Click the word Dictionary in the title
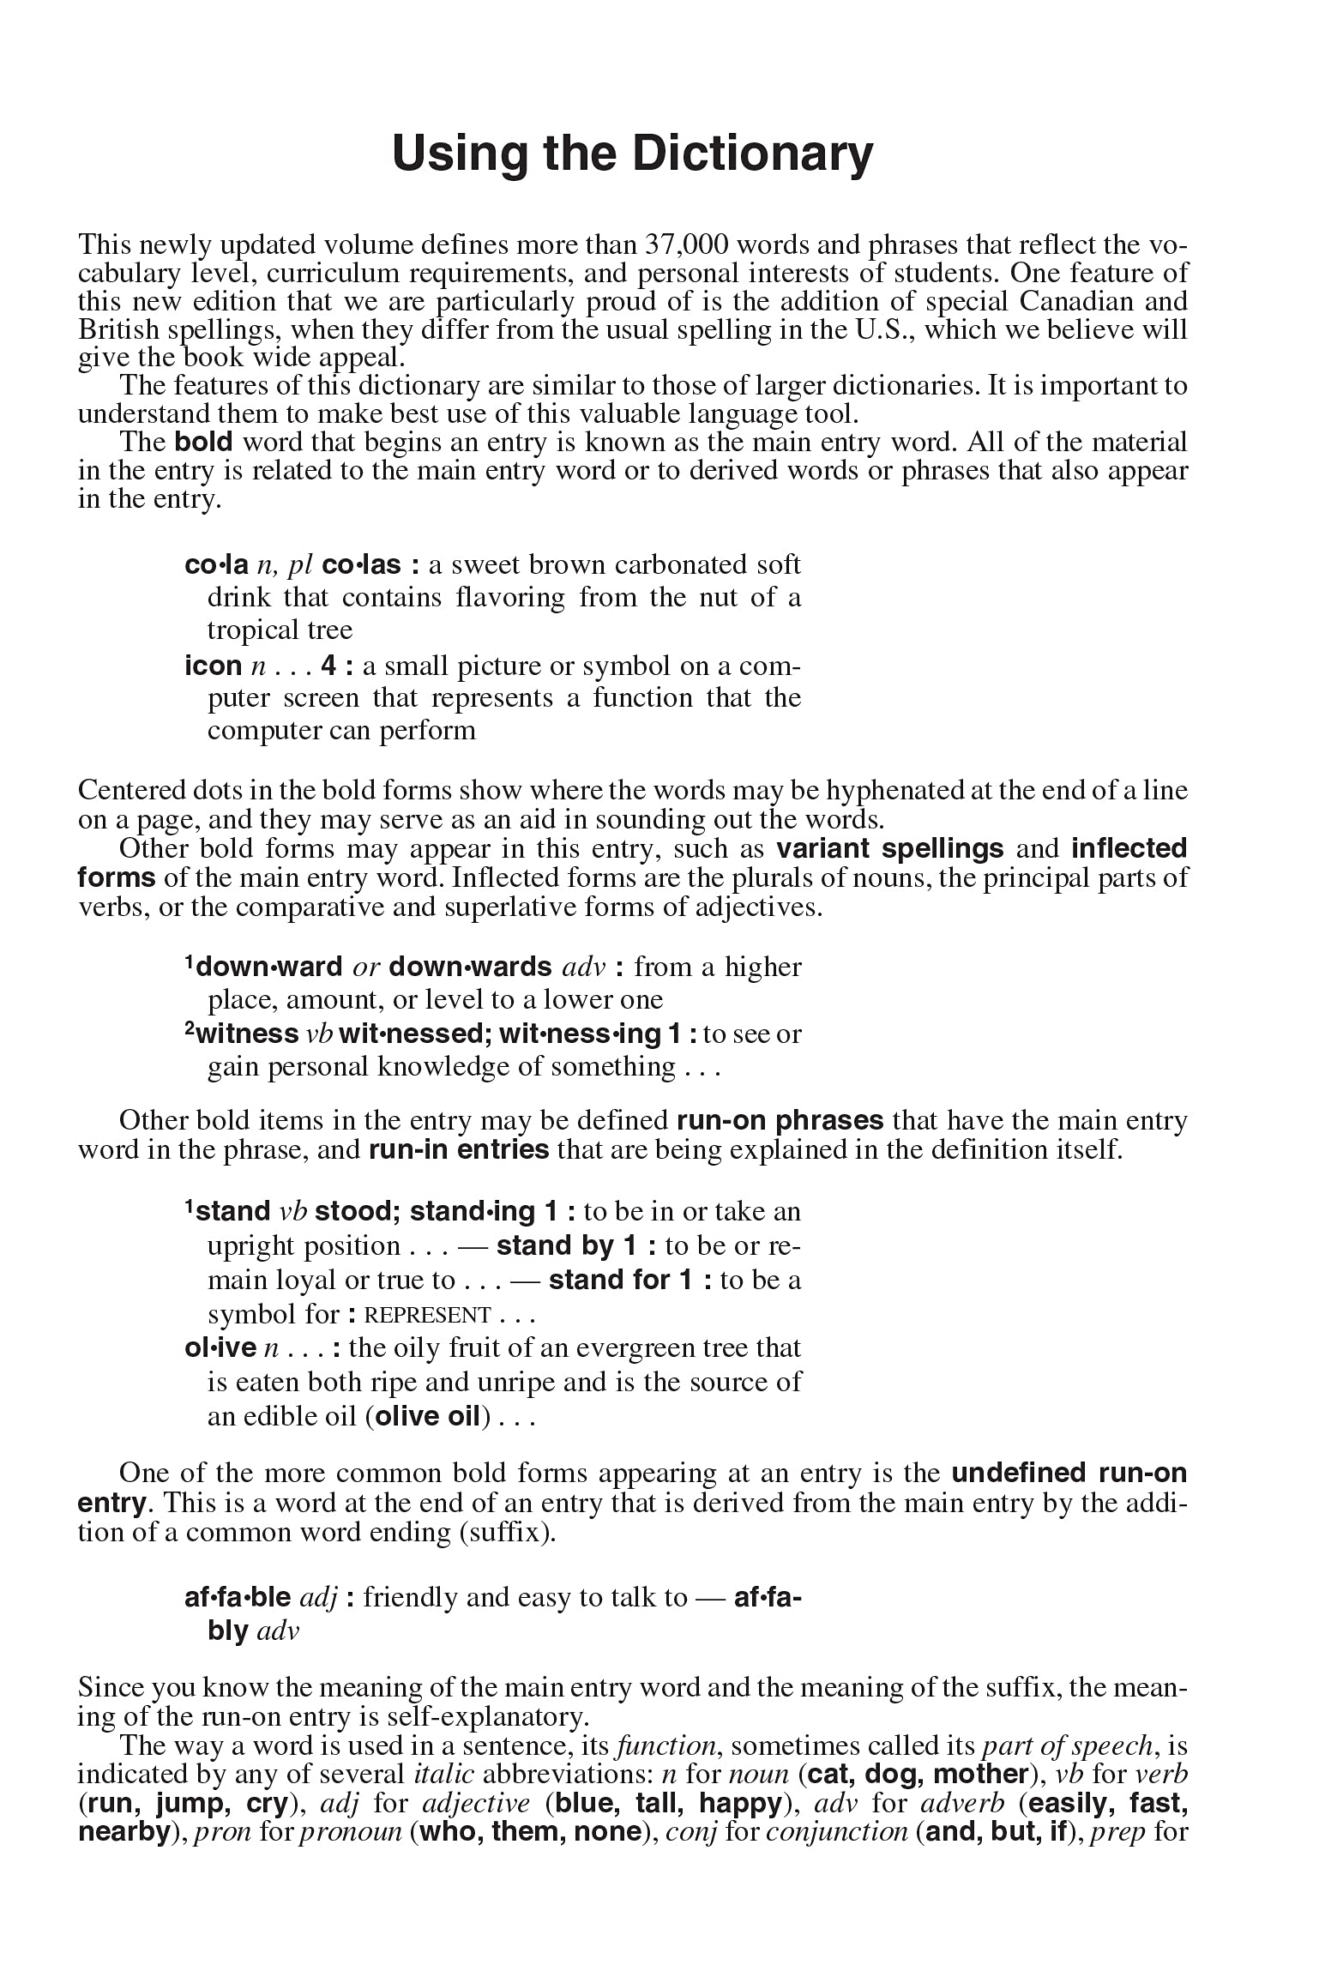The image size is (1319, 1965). pyautogui.click(x=752, y=154)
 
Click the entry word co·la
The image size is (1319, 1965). pyautogui.click(x=216, y=565)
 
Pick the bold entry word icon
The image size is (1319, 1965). pyautogui.click(x=213, y=666)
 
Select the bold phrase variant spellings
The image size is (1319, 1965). pyautogui.click(x=889, y=849)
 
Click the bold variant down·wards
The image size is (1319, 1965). pyautogui.click(x=470, y=967)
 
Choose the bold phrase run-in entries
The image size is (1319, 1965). pyautogui.click(x=459, y=1150)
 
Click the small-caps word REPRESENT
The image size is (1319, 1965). pyautogui.click(x=427, y=1316)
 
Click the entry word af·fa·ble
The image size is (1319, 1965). pyautogui.click(x=238, y=1597)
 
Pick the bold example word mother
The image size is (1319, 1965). pyautogui.click(x=980, y=1775)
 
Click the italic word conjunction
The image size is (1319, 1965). pyautogui.click(x=836, y=1833)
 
